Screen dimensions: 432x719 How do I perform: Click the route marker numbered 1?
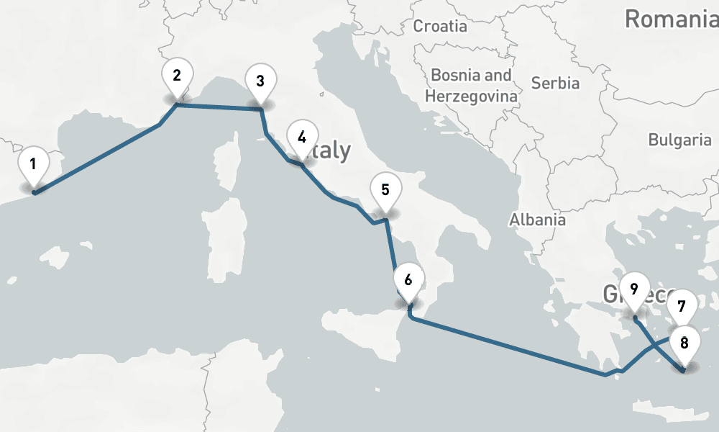tap(33, 163)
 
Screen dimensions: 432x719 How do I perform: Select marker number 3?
tap(260, 81)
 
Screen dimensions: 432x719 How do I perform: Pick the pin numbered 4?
tap(301, 137)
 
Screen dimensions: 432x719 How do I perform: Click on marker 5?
tap(385, 190)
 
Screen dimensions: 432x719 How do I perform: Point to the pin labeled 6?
tap(408, 280)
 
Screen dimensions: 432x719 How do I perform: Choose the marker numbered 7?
tap(682, 305)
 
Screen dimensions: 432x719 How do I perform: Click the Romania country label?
tap(671, 19)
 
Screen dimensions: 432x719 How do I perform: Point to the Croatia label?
tap(440, 27)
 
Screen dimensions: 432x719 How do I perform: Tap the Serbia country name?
tap(555, 83)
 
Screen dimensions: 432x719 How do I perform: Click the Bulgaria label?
tap(679, 140)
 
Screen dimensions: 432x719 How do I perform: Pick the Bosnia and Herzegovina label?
tap(471, 85)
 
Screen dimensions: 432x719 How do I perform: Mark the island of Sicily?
tap(359, 331)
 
